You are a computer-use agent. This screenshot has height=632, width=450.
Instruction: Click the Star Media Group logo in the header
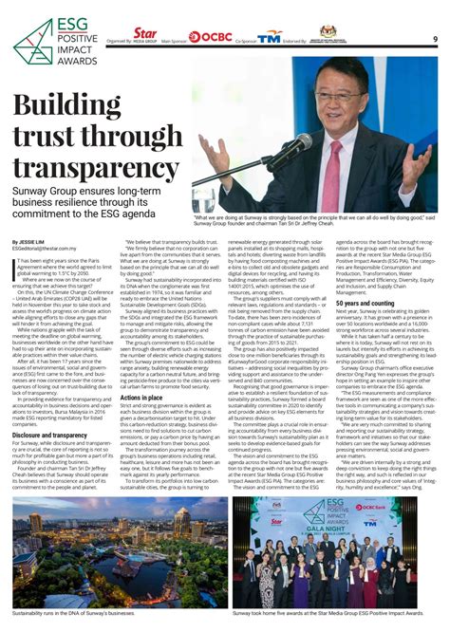point(145,35)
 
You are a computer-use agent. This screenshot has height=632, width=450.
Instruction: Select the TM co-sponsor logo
point(271,37)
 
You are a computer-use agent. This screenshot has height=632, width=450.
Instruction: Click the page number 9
point(434,38)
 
